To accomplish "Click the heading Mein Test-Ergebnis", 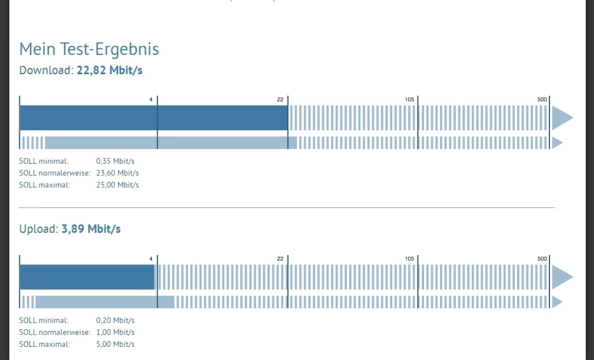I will point(89,49).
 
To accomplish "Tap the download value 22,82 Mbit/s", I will point(110,70).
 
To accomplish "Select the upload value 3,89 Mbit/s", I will point(91,229).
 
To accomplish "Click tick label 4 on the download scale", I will point(151,99).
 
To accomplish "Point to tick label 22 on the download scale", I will point(280,99).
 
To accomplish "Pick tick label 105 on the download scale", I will point(409,99).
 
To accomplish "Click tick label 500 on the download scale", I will point(542,99).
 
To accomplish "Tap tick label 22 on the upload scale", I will point(280,259).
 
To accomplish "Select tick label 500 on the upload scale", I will point(542,259).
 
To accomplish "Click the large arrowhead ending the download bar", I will point(561,118).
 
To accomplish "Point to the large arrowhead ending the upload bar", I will point(561,277).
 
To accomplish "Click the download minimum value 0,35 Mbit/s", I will point(116,162).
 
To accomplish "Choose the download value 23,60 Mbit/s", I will point(117,173).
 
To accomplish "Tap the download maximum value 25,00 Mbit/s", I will point(117,185).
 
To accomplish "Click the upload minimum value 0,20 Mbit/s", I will point(116,320).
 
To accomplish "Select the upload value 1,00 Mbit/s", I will point(116,333).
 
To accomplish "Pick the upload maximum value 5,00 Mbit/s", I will point(116,345).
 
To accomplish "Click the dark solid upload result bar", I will point(87,277).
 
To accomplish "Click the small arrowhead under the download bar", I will point(557,143).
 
